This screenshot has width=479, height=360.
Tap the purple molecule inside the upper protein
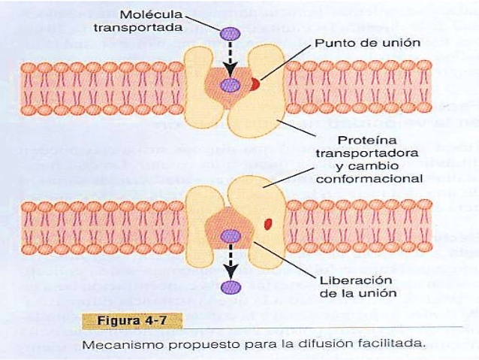tap(229, 86)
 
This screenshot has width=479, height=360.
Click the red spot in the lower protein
tap(267, 222)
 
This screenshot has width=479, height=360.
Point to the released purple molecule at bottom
tap(229, 287)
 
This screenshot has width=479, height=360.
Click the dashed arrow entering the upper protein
tap(229, 59)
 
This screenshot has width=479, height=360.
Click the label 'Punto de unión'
tap(355, 42)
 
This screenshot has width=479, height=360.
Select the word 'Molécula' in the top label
tap(156, 14)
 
